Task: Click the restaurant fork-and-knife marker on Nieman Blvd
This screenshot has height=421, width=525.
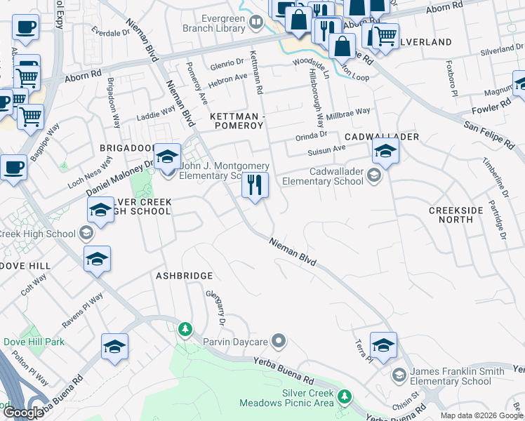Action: [x=255, y=186]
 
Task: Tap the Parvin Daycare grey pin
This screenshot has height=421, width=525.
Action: [x=279, y=342]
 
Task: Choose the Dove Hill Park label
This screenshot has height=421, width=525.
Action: [x=34, y=342]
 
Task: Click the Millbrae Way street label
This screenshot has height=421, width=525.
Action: [x=348, y=112]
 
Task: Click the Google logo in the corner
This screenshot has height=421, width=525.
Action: [x=23, y=413]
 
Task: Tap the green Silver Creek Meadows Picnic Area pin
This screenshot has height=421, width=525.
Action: [x=344, y=397]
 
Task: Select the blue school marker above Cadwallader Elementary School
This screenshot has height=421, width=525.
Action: [x=385, y=152]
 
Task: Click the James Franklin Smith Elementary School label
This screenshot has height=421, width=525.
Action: [x=450, y=376]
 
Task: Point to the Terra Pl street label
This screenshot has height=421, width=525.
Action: [x=362, y=347]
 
